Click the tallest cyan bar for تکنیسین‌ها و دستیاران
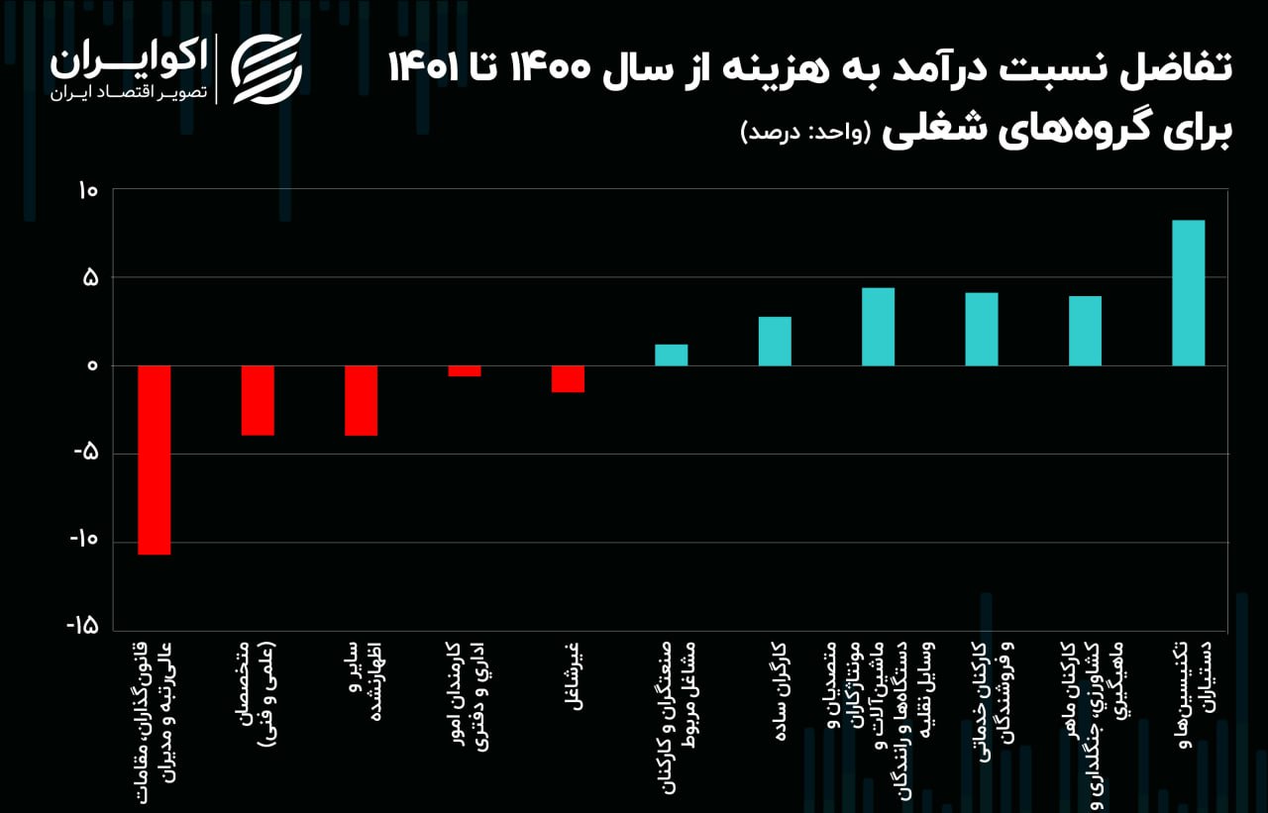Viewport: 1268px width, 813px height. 1188,293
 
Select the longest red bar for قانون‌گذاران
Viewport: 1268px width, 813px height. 154,459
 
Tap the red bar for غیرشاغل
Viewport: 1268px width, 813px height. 568,379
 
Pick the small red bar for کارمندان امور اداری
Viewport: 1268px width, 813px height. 465,371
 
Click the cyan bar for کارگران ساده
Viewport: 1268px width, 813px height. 775,341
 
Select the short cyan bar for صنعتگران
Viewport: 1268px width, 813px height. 671,355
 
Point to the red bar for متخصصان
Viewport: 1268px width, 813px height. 258,400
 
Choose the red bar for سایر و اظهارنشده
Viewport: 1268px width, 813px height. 361,400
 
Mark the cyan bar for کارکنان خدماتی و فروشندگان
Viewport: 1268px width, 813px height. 982,329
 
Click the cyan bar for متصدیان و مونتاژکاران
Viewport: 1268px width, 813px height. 878,327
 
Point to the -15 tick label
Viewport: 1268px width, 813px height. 82,626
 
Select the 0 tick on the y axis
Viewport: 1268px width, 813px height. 92,366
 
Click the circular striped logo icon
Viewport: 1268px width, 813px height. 266,68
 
